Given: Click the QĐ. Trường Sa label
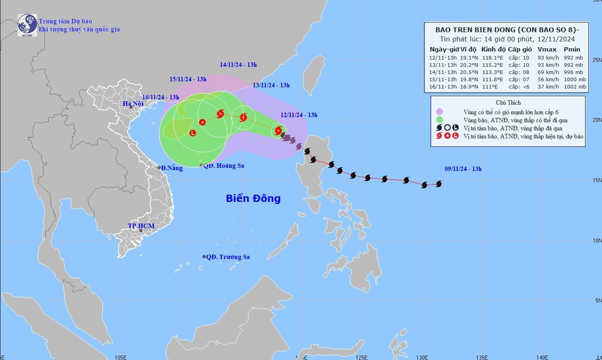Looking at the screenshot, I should pyautogui.click(x=228, y=256).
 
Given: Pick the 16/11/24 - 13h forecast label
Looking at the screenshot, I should pyautogui.click(x=161, y=97).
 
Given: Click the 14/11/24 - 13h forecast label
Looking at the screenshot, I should pyautogui.click(x=238, y=64).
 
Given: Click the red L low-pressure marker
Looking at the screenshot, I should pyautogui.click(x=192, y=133).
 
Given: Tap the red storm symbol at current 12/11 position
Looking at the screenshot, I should pyautogui.click(x=278, y=130).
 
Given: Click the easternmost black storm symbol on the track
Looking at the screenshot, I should pyautogui.click(x=439, y=184).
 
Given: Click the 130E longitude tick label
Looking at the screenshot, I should pyautogui.click(x=421, y=355).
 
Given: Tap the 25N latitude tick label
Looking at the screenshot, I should pyautogui.click(x=596, y=60).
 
